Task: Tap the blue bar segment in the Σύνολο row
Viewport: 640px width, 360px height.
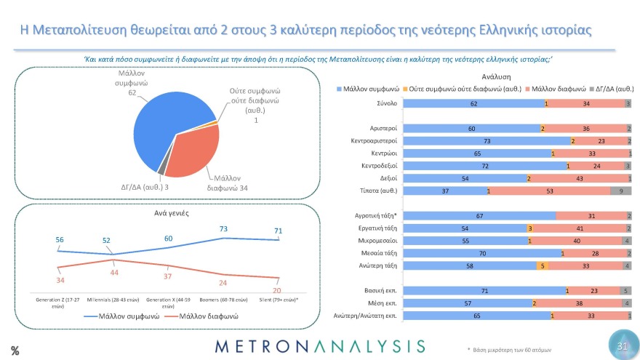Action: coord(473,104)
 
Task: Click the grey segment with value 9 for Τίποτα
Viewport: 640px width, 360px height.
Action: coord(620,191)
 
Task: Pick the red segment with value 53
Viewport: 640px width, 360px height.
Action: coord(551,191)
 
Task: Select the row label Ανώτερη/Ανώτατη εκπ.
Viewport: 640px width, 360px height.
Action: coord(364,316)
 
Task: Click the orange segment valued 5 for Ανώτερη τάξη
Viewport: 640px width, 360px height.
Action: coord(542,265)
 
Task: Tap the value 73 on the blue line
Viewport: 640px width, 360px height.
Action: coord(224,228)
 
